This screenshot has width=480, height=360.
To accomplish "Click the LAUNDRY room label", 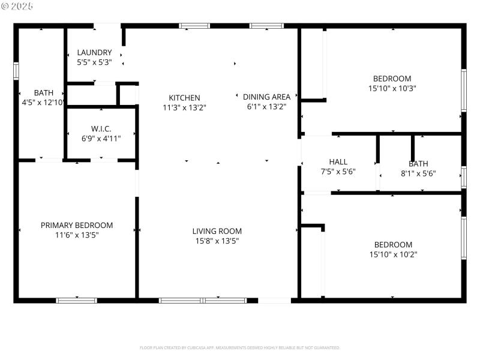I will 94,52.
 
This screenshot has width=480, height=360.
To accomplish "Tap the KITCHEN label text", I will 184,98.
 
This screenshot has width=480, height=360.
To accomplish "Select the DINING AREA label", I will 266,97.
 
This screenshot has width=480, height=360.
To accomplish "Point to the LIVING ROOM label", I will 217,231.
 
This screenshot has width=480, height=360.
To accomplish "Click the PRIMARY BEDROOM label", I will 77,226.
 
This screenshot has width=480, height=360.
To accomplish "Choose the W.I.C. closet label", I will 101,128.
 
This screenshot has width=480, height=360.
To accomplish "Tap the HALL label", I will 338,162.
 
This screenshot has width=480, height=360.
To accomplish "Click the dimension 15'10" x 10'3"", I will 392,88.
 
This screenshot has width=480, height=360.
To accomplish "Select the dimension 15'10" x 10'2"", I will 393,254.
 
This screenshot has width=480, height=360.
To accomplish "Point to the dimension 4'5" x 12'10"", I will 43,103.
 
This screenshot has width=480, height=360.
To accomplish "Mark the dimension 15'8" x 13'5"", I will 217,241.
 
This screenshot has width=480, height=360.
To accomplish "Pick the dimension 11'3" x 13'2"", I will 184,108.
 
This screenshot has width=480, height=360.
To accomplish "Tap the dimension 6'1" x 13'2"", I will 266,107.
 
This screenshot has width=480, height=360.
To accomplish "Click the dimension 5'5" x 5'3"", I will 94,62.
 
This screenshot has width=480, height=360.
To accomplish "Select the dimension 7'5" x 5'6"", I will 338,172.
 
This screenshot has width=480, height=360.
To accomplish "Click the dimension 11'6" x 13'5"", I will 77,235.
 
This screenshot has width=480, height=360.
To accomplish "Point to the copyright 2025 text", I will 18,5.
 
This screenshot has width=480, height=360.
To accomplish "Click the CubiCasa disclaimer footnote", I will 240,347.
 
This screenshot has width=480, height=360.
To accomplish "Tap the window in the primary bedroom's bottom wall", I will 76,300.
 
